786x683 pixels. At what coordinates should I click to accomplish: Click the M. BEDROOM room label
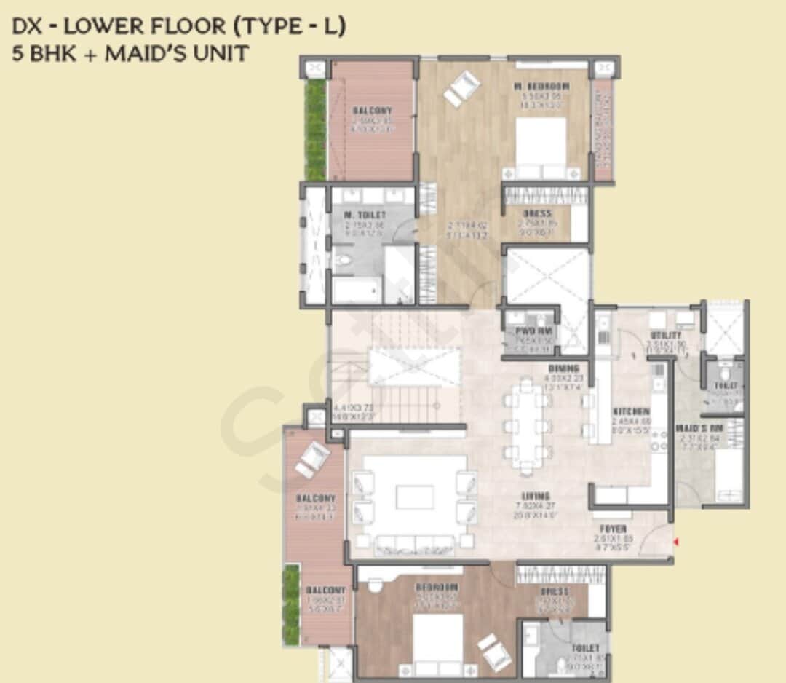point(541,87)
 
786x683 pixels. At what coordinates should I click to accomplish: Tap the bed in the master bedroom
point(541,146)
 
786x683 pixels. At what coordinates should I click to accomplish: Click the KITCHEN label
point(630,411)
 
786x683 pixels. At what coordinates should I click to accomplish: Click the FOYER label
point(613,529)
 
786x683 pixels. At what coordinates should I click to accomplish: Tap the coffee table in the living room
point(413,497)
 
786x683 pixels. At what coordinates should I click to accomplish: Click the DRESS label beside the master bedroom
point(537,213)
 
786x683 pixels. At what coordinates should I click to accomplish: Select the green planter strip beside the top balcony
point(315,130)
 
